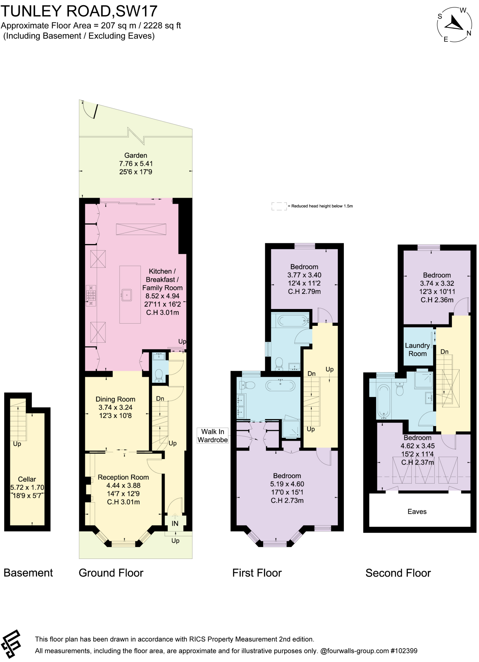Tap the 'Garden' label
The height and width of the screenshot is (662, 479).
tap(136, 155)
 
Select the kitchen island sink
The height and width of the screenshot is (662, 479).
tap(126, 294)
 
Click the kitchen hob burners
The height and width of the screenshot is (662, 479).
tap(91, 295)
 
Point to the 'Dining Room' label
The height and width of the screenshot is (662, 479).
tap(115, 399)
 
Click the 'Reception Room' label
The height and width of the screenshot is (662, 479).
tap(123, 477)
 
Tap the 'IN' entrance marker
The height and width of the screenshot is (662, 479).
tap(175, 523)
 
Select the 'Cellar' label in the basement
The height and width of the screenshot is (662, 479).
tap(27, 479)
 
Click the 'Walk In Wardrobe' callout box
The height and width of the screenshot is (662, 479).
tap(213, 436)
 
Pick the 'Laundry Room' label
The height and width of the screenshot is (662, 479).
tap(418, 349)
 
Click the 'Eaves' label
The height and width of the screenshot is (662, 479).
tap(417, 511)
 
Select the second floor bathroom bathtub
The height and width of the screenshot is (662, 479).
tap(384, 401)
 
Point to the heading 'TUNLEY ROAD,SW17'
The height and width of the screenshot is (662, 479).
tap(79, 11)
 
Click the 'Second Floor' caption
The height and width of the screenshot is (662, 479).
tap(398, 573)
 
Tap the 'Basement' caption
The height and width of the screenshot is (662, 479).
tap(28, 573)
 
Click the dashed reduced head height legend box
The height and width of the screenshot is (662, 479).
tap(279, 206)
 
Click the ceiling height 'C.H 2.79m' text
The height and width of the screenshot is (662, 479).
tap(304, 292)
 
